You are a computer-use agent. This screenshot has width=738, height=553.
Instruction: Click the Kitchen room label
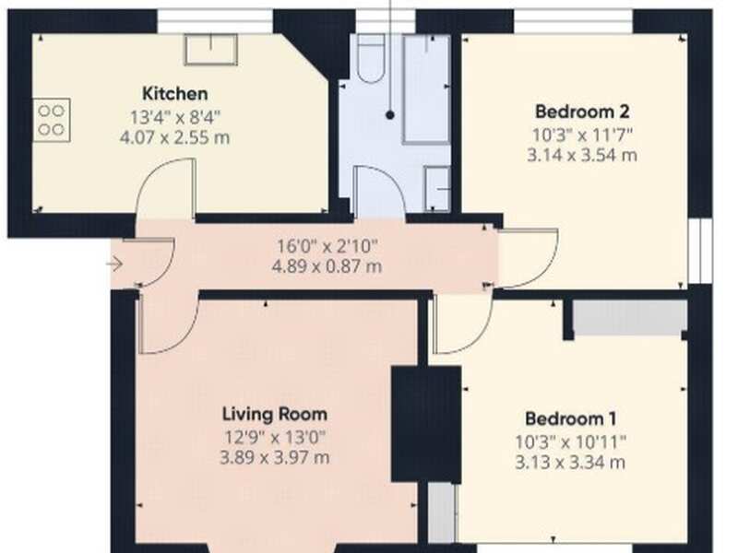[174, 93]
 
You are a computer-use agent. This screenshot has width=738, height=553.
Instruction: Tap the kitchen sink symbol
[210, 50]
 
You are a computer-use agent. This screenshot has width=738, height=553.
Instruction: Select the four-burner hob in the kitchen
[52, 121]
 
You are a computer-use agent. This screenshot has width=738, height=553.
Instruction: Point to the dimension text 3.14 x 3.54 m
[581, 155]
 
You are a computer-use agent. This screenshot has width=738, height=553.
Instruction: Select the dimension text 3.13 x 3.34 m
[570, 461]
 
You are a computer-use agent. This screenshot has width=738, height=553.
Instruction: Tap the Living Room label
[275, 414]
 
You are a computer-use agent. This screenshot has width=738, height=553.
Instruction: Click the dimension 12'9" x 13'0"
[275, 436]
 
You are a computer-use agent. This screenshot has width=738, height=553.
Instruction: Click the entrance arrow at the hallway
[114, 265]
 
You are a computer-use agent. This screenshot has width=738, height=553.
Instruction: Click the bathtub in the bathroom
[425, 89]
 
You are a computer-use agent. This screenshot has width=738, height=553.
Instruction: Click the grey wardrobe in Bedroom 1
[630, 317]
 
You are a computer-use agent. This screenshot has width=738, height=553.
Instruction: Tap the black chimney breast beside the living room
[425, 423]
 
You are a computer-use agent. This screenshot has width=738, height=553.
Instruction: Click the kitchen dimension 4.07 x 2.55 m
[180, 137]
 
